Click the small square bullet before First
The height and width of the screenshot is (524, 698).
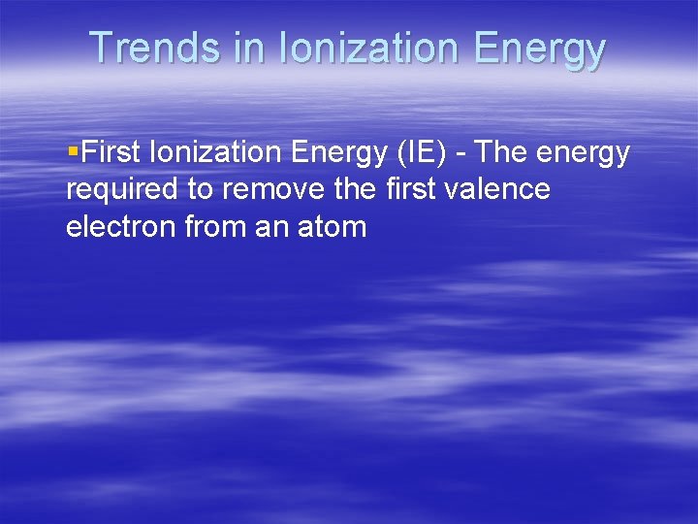pyautogui.click(x=74, y=152)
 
